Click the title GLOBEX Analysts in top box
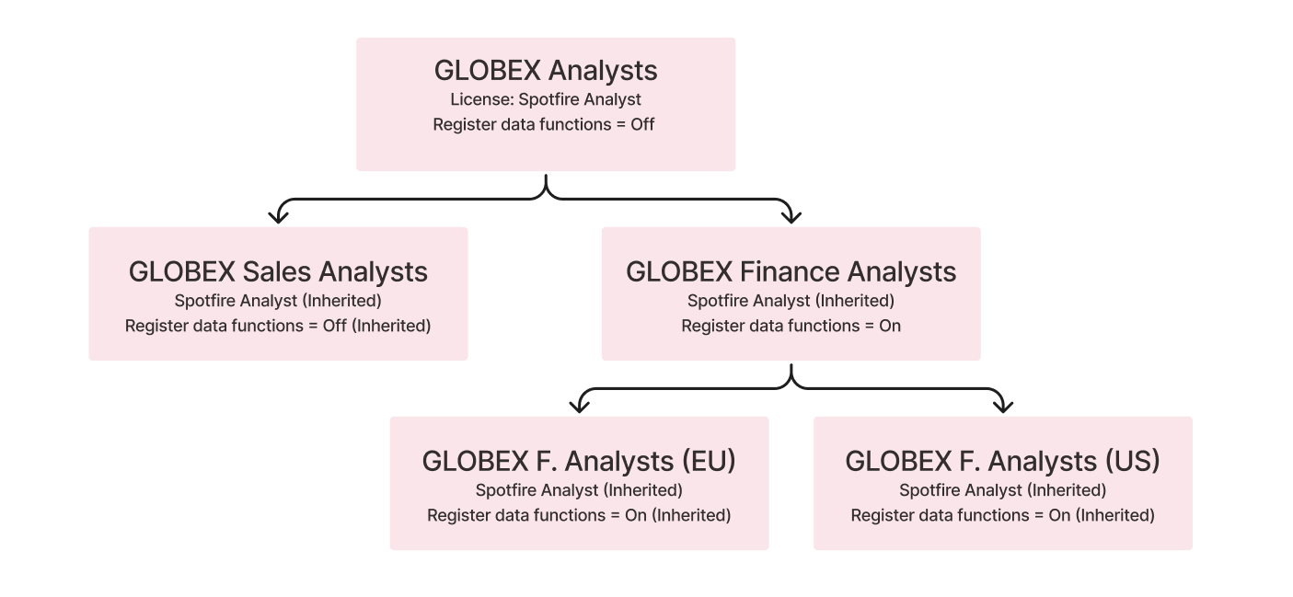tap(546, 71)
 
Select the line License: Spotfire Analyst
tap(546, 99)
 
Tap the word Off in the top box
tap(642, 124)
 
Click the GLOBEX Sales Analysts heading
tap(278, 272)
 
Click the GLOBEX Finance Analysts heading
tap(791, 272)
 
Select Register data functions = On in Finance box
tap(791, 326)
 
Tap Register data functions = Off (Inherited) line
tap(278, 326)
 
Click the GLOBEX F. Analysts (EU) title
tap(579, 461)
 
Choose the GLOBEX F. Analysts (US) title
tap(1002, 461)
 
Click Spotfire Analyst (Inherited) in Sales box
tap(278, 301)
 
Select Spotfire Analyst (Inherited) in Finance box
tap(791, 301)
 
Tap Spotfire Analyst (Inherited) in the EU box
tap(579, 490)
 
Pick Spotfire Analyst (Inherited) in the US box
tap(1002, 490)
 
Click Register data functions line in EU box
tap(579, 515)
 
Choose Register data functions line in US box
tap(1002, 515)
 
